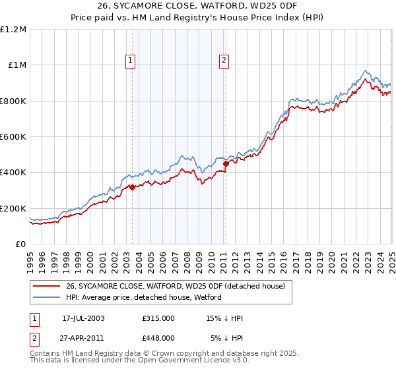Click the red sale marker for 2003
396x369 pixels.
click(x=132, y=187)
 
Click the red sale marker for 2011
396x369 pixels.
click(x=226, y=163)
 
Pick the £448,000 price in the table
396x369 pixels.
click(x=158, y=337)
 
